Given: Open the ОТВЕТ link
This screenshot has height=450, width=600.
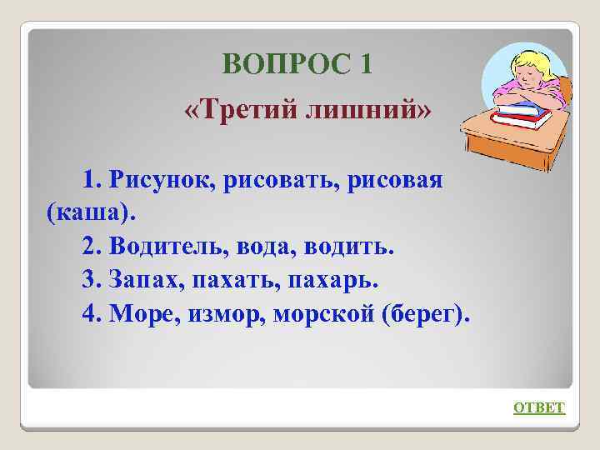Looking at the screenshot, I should click(x=538, y=407).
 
